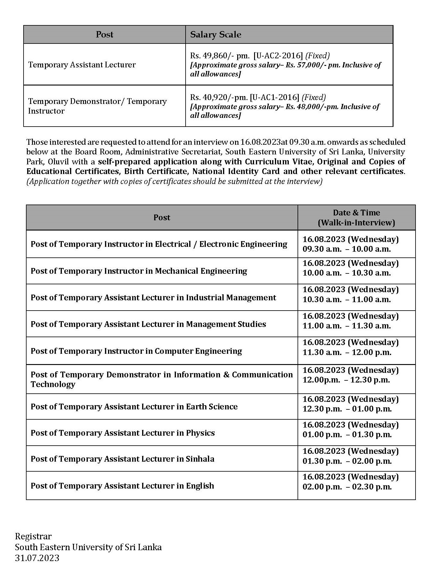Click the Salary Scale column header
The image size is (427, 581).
pos(215,34)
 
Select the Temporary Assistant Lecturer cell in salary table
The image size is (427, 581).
pos(82,65)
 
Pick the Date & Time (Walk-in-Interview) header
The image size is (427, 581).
pos(356,218)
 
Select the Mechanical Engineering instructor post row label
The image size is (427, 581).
pos(139,271)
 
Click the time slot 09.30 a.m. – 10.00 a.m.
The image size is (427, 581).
pos(347,249)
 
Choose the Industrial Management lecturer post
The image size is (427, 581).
pos(153,298)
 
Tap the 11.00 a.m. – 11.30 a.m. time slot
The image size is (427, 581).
pos(347,326)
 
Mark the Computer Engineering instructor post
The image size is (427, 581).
pos(136,351)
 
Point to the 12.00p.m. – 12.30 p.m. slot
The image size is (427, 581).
pos(346,380)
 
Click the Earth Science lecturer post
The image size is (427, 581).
pos(134,407)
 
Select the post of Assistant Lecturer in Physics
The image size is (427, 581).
pos(123,433)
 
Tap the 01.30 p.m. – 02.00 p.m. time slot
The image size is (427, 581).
pos(347,461)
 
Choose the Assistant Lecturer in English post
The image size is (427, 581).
pos(122,486)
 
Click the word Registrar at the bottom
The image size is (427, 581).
pos(33,536)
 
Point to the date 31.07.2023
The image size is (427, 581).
pos(37,558)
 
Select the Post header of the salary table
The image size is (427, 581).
pos(104,34)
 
